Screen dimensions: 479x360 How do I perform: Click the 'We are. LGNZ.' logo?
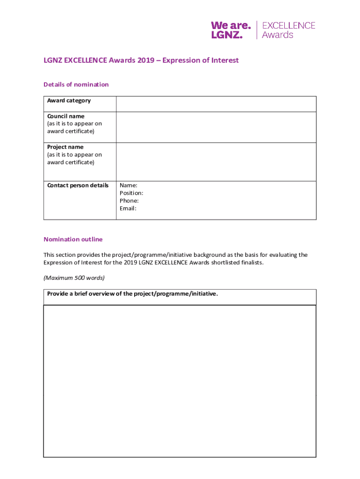point(231,29)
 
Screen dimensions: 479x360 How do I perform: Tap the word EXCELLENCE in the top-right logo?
point(288,25)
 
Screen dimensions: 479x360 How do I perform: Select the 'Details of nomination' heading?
point(76,85)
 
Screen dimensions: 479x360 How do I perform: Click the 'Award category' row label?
point(69,101)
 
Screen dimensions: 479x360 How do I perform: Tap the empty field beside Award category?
point(216,104)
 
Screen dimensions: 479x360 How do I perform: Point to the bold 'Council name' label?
point(66,116)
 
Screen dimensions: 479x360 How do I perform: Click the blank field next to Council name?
point(216,127)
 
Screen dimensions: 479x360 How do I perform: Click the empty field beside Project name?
point(216,162)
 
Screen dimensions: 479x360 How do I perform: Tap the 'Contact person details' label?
point(78,185)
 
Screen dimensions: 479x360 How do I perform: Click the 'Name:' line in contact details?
point(129,186)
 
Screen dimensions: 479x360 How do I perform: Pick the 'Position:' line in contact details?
point(131,193)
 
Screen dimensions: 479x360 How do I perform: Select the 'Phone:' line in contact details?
point(129,201)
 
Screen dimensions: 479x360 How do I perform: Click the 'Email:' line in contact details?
point(128,209)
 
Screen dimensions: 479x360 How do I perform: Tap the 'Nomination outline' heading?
point(73,239)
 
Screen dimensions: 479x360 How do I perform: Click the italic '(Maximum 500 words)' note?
point(74,278)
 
